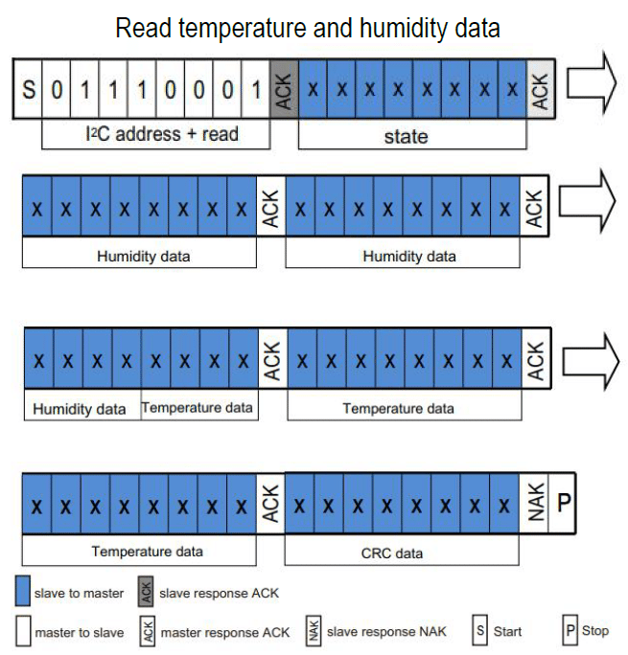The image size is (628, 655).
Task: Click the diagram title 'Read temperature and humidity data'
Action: [307, 29]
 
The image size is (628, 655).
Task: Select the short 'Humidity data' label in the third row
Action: [81, 409]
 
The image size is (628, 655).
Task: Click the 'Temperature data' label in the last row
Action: [140, 552]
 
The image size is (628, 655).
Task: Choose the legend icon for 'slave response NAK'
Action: [314, 631]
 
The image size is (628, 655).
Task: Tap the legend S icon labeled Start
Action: [480, 631]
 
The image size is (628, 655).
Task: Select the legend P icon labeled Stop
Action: [570, 631]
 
